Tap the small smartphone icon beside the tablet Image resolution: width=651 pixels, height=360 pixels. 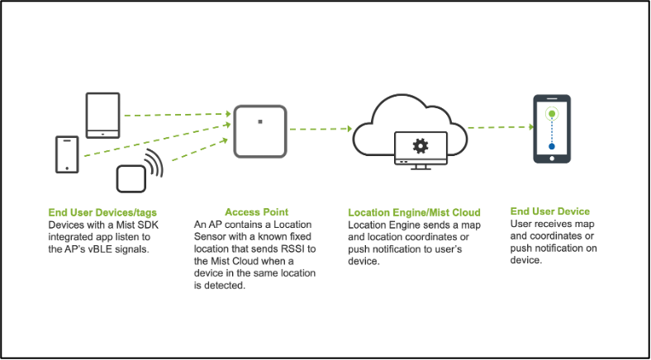[x=67, y=154]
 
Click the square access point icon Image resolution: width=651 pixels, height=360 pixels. [x=259, y=130]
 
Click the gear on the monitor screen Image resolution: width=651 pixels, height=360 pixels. [x=421, y=146]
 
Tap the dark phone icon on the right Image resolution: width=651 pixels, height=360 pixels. [x=551, y=129]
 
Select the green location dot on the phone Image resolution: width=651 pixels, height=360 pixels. [x=552, y=114]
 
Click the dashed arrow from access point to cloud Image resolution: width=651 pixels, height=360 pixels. [x=321, y=130]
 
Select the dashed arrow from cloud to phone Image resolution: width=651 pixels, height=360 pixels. [x=500, y=127]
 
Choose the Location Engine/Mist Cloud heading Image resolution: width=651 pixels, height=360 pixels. [x=414, y=213]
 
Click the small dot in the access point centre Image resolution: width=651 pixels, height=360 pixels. [x=259, y=121]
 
